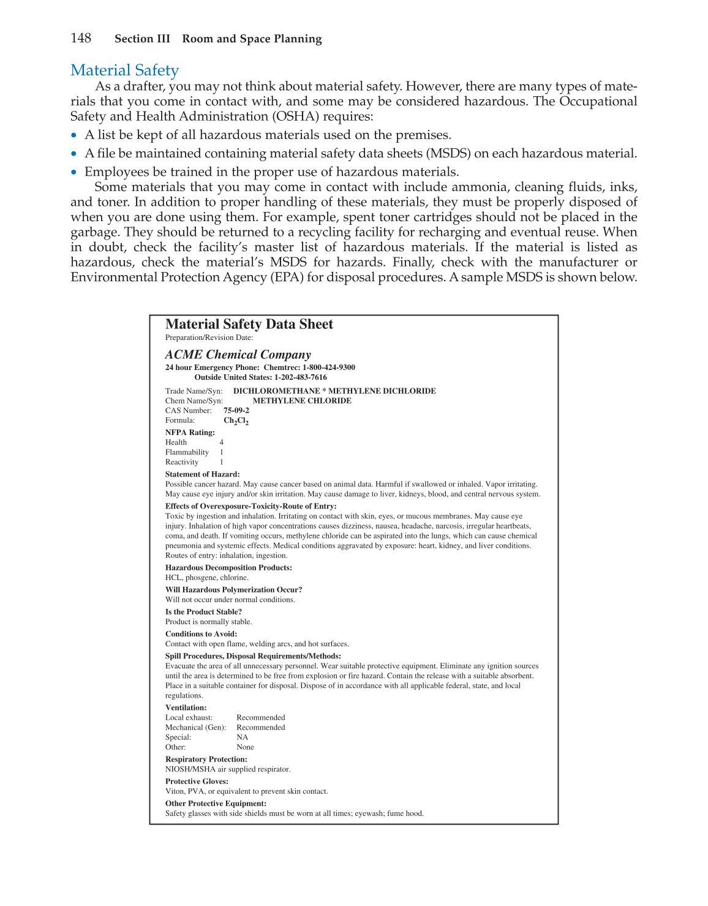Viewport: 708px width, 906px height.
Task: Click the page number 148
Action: [81, 39]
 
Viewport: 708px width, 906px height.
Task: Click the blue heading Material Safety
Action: [124, 70]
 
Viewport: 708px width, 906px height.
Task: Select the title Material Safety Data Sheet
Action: [249, 324]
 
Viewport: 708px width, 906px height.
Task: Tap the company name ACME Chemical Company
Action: [238, 355]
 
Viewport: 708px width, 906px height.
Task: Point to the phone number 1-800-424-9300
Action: [329, 368]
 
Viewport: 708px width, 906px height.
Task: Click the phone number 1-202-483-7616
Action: [300, 377]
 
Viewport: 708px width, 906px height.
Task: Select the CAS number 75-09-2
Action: [236, 410]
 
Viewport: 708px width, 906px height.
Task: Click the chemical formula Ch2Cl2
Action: [236, 421]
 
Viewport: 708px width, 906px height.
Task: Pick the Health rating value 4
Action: [222, 442]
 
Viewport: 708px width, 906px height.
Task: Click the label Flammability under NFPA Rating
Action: [187, 452]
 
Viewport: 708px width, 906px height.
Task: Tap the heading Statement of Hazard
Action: [202, 474]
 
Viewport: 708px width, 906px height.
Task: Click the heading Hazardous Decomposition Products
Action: [228, 568]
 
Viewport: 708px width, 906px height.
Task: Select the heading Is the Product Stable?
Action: [203, 612]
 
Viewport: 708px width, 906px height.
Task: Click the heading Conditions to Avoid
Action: [201, 634]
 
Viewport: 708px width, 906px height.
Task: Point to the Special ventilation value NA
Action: [243, 738]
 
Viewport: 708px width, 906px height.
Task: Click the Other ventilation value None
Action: [245, 747]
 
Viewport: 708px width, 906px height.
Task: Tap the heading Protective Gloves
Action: [197, 782]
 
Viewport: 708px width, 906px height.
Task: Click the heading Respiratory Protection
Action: [206, 760]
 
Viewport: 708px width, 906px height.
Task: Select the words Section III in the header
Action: [142, 39]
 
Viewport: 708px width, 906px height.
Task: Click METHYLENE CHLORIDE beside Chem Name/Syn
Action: [302, 401]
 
